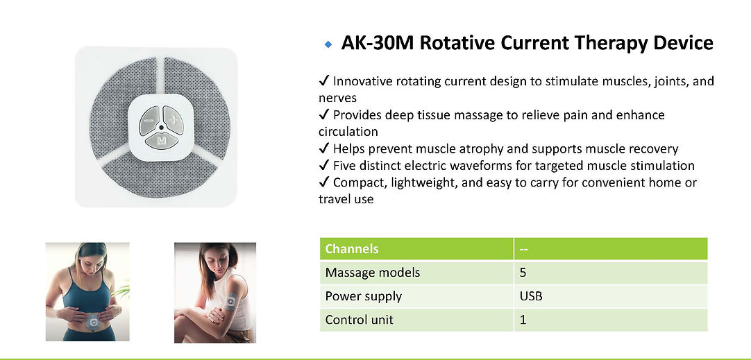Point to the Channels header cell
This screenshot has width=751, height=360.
click(x=352, y=249)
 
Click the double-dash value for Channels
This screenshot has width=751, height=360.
click(x=525, y=249)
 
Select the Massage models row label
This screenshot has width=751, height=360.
click(x=373, y=273)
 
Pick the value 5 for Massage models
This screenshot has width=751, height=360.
click(x=523, y=273)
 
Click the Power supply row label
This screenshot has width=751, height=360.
click(x=364, y=296)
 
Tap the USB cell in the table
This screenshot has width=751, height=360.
click(x=531, y=296)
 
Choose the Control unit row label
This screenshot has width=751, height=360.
click(x=360, y=320)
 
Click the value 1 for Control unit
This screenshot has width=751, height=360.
click(x=523, y=320)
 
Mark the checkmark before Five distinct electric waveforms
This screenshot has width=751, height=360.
click(x=323, y=166)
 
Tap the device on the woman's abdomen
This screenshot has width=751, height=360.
click(x=92, y=322)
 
